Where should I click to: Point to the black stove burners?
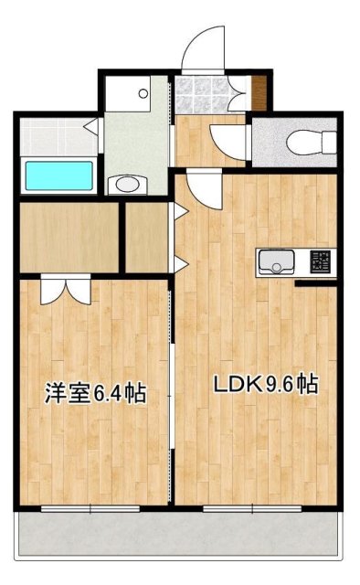(322, 262)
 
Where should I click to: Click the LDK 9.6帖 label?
(265, 385)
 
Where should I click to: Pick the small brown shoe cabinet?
(259, 90)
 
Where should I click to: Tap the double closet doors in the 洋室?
(65, 290)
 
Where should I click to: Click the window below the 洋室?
(90, 507)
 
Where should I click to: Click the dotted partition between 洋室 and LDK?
(173, 393)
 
